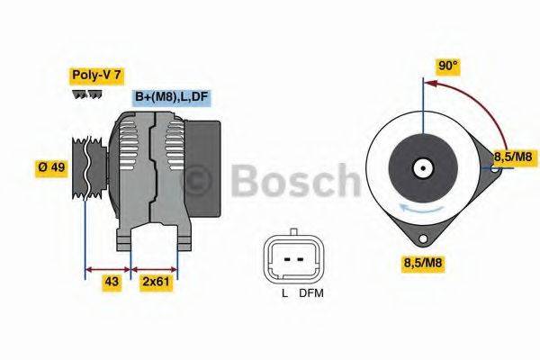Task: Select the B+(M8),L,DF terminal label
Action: (171, 98)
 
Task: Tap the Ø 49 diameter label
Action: (51, 168)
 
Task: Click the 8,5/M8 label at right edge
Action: (514, 157)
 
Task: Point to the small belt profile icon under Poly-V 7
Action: (85, 94)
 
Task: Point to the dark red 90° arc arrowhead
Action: (428, 83)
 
